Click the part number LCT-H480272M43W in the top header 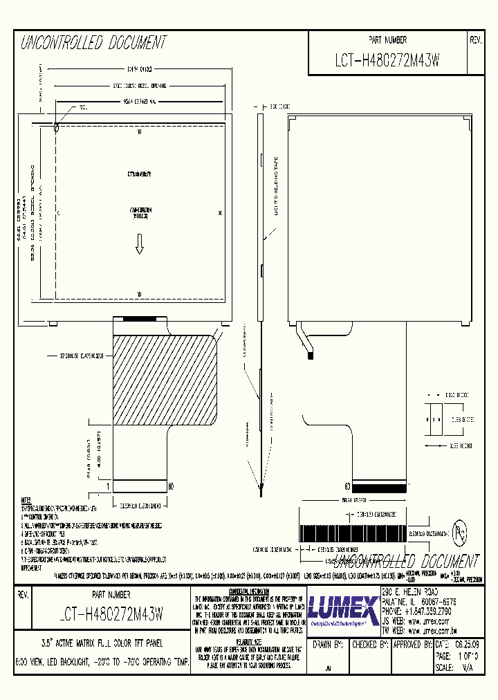pyautogui.click(x=387, y=62)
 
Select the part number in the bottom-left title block pyautogui.click(x=107, y=613)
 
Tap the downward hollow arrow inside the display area pyautogui.click(x=139, y=243)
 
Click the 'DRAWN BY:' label pyautogui.click(x=328, y=645)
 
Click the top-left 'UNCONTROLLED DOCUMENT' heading pyautogui.click(x=94, y=44)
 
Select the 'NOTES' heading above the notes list pyautogui.click(x=26, y=499)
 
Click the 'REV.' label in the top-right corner pyautogui.click(x=475, y=41)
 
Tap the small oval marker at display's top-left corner pyautogui.click(x=57, y=127)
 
